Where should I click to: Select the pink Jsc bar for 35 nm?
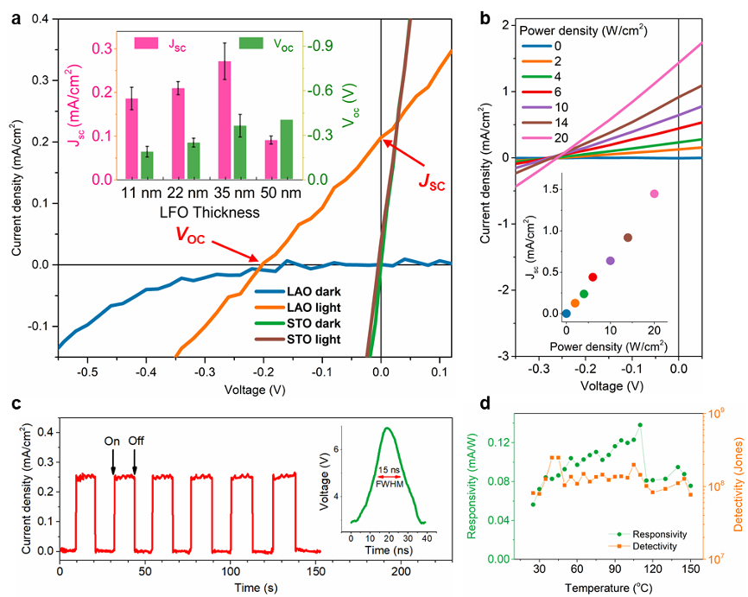(225, 120)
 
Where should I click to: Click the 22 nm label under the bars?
(178, 192)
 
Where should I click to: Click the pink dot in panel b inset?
(654, 194)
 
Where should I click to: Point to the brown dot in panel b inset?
(628, 238)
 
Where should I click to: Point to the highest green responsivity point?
(640, 425)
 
